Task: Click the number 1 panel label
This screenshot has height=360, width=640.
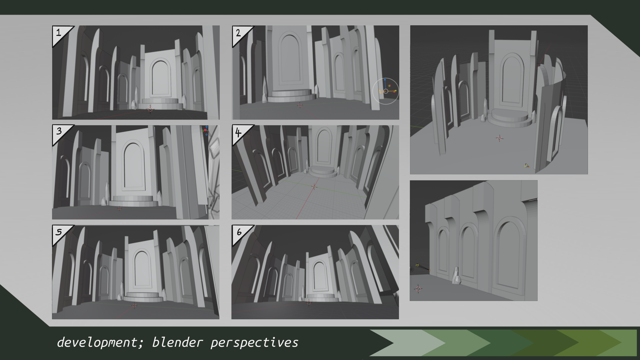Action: pyautogui.click(x=59, y=33)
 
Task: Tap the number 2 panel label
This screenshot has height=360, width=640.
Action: pyautogui.click(x=238, y=33)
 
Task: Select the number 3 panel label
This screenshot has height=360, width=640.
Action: pyautogui.click(x=59, y=131)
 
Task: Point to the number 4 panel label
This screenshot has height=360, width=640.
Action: pyautogui.click(x=238, y=133)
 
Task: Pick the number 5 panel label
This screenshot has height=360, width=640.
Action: pyautogui.click(x=59, y=232)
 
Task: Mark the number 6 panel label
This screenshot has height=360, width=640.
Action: pyautogui.click(x=239, y=232)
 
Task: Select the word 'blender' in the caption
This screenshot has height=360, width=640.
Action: pyautogui.click(x=177, y=343)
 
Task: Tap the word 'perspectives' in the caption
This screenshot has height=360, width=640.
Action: pyautogui.click(x=254, y=343)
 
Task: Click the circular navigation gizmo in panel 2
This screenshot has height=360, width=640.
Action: pyautogui.click(x=386, y=91)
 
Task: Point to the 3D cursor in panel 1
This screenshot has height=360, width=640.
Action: pyautogui.click(x=150, y=109)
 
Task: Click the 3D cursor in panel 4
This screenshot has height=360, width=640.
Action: pyautogui.click(x=314, y=186)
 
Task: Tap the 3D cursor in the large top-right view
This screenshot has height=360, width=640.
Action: pyautogui.click(x=499, y=138)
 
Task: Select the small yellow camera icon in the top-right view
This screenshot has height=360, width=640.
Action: pyautogui.click(x=527, y=166)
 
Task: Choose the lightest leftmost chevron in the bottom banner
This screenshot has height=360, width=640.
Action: pyautogui.click(x=402, y=343)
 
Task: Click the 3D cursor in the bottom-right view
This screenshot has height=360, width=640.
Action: pyautogui.click(x=418, y=289)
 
